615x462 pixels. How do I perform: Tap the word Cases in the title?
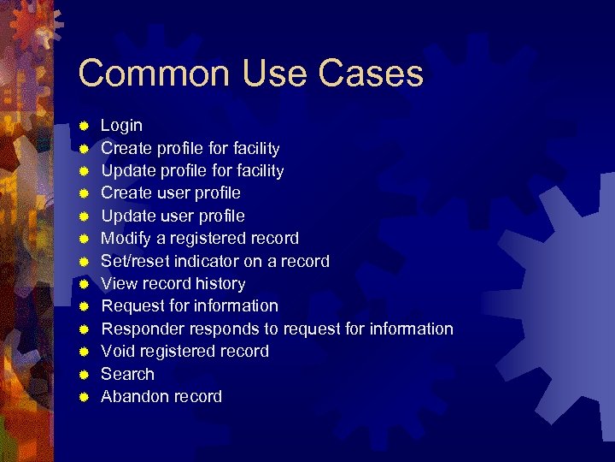tap(372, 74)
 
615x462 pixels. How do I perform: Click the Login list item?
tap(121, 126)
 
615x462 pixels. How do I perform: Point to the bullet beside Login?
tap(85, 126)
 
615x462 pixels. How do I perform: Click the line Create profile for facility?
tap(190, 148)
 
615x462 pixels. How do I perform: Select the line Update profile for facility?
tap(192, 171)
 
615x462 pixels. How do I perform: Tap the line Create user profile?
tap(171, 193)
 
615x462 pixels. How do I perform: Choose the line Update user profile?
tap(173, 216)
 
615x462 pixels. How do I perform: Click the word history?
tap(219, 284)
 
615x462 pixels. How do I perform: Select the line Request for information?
tap(190, 306)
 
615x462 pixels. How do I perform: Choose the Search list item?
tap(127, 374)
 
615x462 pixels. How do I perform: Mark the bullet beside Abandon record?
tap(85, 397)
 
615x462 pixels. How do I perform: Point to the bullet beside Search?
tap(85, 374)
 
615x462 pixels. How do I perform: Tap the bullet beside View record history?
tap(85, 284)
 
